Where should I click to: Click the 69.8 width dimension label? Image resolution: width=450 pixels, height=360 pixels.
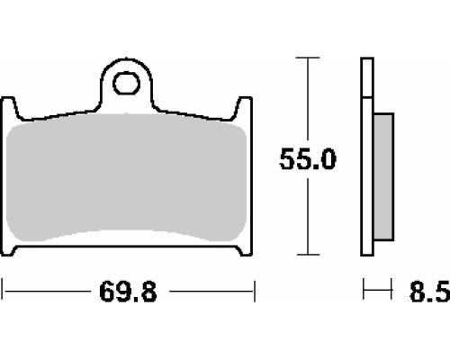tap(128, 292)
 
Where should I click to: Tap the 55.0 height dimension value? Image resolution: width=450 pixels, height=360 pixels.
tap(308, 159)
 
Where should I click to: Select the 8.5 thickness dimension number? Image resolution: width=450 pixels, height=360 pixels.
tap(430, 292)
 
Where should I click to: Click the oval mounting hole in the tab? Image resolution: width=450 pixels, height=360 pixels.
tap(126, 83)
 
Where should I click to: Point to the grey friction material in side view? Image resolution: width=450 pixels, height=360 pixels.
tap(383, 177)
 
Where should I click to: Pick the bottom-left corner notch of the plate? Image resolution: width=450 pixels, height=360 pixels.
tap(8, 251)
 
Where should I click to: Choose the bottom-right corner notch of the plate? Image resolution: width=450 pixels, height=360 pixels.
tap(245, 251)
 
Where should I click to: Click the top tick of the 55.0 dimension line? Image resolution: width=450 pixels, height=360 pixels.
tap(308, 58)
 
